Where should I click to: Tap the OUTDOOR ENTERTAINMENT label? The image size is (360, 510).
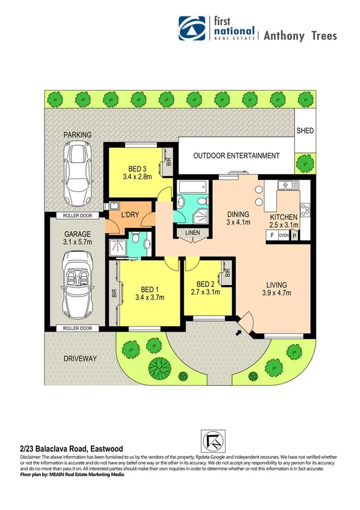(236, 156)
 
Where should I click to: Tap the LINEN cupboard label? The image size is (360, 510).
(192, 232)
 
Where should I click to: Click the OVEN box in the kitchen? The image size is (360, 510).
(282, 236)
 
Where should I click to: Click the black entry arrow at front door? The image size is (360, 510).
(240, 330)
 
